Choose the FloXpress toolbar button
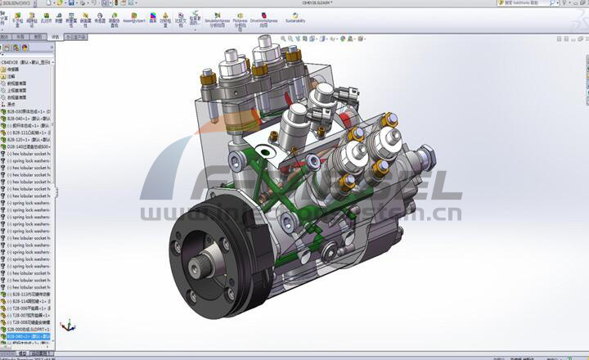pos(244,17)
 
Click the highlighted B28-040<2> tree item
pos(29,335)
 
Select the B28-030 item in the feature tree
pos(29,111)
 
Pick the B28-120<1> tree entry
pos(29,139)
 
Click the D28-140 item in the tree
pos(29,146)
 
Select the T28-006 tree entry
pos(29,308)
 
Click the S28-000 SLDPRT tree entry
pos(29,329)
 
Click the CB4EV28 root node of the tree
pos(25,62)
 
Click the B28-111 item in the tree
pos(29,132)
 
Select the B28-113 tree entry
pos(29,294)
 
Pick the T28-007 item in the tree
pos(29,315)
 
